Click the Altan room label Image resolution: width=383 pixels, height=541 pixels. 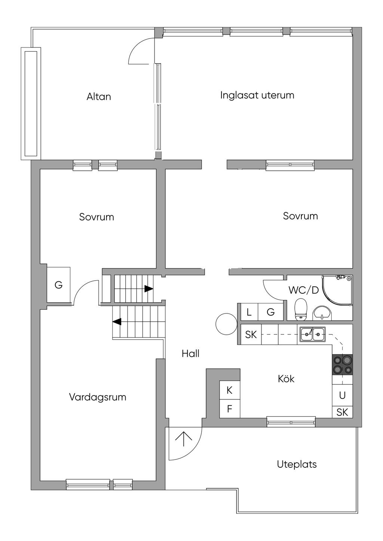coord(99,97)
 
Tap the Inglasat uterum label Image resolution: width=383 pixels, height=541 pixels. coord(257,95)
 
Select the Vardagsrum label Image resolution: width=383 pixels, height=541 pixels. coord(98,397)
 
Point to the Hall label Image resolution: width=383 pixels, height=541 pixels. coord(190,353)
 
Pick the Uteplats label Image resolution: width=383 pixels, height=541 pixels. coord(297,464)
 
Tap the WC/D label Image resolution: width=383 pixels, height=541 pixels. coord(304,290)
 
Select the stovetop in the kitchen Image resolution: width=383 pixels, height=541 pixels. coord(343,365)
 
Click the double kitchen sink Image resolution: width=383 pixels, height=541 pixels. coord(313,334)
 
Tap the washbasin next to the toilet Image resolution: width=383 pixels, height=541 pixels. coord(322,313)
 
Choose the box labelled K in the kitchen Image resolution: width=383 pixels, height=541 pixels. coord(230,390)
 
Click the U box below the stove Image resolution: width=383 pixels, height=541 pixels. coord(342,395)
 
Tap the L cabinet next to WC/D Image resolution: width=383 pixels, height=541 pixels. coord(249,312)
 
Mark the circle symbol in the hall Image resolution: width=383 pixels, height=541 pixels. coord(227,324)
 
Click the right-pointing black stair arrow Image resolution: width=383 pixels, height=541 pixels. coord(149,288)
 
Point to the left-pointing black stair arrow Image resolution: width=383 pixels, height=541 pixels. coord(117,322)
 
